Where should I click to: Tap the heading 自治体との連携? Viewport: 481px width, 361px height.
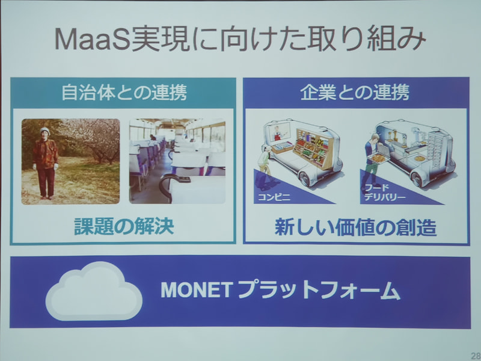(123, 93)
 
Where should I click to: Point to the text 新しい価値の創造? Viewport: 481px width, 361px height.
(355, 227)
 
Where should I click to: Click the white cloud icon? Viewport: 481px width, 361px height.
(93, 291)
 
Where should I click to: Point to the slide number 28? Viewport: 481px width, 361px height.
(474, 354)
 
